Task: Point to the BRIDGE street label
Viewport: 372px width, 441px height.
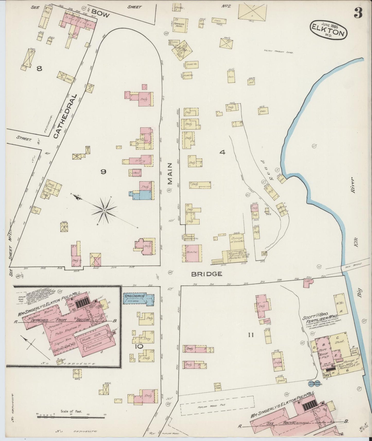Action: [206, 274]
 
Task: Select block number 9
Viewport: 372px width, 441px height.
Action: [103, 172]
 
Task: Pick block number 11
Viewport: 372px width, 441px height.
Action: [251, 335]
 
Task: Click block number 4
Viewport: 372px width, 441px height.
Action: [222, 152]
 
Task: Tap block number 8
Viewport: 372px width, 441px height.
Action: [39, 69]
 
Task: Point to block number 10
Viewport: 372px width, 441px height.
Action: [139, 346]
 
